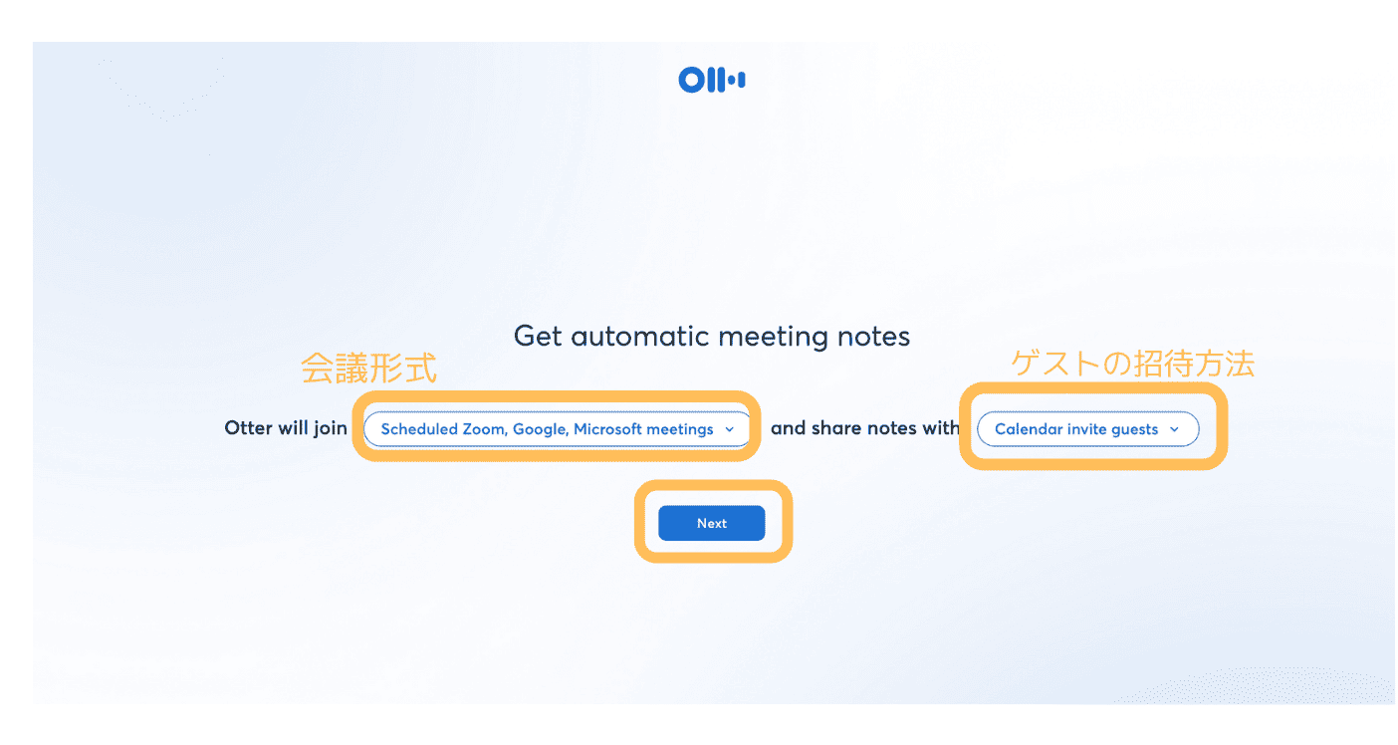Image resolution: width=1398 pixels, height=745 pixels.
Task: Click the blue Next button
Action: (712, 523)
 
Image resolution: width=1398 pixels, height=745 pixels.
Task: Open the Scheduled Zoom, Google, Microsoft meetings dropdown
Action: (557, 429)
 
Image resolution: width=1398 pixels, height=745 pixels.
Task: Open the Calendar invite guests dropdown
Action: (1087, 429)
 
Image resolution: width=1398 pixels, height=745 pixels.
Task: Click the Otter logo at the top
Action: (712, 80)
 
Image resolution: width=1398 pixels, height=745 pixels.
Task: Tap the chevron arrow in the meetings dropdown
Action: (730, 429)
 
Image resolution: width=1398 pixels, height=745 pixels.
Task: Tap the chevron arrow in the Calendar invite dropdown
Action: (1174, 429)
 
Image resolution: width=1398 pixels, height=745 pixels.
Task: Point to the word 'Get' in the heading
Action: (538, 337)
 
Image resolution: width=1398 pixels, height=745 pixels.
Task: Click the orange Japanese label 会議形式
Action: (368, 368)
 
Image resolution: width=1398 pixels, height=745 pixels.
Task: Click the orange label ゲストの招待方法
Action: (1132, 364)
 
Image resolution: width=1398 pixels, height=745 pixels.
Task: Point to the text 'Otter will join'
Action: (286, 427)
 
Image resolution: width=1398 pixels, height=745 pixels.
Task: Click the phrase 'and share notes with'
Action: (865, 427)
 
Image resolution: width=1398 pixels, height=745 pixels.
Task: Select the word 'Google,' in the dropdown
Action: (541, 429)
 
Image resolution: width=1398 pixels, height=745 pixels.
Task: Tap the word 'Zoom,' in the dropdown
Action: (484, 429)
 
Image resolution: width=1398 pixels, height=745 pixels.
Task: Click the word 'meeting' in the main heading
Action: (774, 338)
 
